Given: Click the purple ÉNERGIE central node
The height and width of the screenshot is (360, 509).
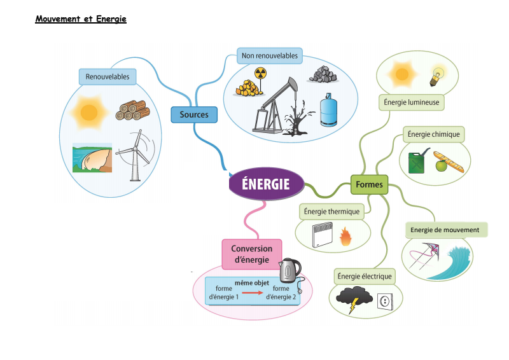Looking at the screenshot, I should pos(266,184).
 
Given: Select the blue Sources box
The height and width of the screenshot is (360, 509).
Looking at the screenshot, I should pos(194,114).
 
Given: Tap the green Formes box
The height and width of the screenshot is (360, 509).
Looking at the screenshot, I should pos(369,184).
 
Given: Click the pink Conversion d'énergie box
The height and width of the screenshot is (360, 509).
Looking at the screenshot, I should pos(251,254).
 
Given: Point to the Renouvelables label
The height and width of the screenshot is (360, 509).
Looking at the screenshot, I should pos(108,77).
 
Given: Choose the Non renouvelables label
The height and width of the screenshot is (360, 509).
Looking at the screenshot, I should pos(269,56).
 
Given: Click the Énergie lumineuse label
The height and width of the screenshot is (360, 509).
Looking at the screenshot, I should pos(411,102).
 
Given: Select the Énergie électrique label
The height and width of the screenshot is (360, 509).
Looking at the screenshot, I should pos(365,276).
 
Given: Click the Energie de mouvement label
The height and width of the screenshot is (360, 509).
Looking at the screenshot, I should pos(445,230).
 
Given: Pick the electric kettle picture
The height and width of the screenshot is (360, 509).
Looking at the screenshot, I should pos(290,272).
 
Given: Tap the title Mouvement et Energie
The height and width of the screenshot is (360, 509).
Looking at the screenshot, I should pos(81,19).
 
